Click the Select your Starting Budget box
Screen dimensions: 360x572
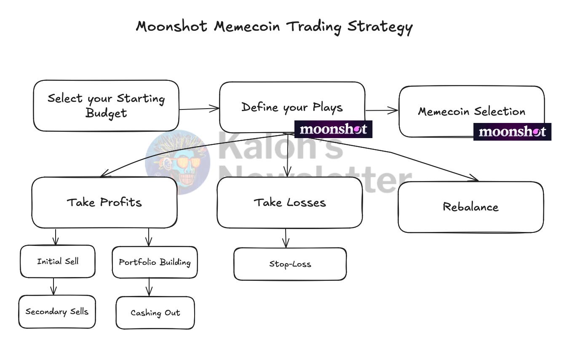[106, 106]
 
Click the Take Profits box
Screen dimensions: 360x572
[104, 203]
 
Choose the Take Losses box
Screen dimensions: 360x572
[289, 203]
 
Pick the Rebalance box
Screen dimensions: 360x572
[470, 207]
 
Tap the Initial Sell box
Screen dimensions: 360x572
[58, 261]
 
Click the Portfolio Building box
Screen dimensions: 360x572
[155, 262]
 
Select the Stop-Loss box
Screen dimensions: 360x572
[290, 264]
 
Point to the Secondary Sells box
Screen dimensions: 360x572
[57, 312]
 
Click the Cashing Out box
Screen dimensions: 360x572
[155, 313]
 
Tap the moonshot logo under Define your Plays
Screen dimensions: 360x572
[333, 129]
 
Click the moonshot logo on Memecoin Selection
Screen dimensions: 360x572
[512, 132]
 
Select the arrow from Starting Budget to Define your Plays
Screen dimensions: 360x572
[199, 109]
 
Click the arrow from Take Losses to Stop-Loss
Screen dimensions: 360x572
[286, 238]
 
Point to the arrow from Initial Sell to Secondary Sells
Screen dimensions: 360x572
[53, 286]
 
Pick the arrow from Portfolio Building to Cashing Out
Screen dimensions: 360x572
[149, 287]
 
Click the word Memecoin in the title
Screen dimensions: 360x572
[247, 27]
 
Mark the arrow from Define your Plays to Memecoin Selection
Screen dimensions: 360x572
[381, 111]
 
